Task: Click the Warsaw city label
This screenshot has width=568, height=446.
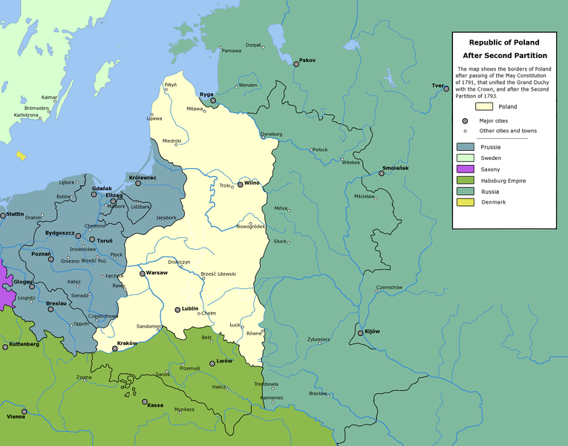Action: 157,274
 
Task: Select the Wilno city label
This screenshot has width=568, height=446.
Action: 254,183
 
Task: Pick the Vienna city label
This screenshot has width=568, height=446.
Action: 16,417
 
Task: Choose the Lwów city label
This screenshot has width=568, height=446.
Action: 224,361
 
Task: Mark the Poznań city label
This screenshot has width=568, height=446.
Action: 40,253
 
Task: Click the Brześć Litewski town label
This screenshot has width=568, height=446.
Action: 218,274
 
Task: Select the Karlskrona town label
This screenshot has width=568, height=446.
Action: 26,115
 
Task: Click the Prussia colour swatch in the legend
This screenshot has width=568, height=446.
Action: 465,147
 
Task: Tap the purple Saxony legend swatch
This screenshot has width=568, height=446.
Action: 465,169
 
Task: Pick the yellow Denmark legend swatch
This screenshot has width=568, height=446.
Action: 465,202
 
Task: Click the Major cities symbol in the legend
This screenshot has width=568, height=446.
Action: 465,120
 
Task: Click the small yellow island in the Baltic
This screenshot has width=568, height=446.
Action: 20,156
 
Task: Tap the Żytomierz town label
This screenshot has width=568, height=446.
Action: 319,340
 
